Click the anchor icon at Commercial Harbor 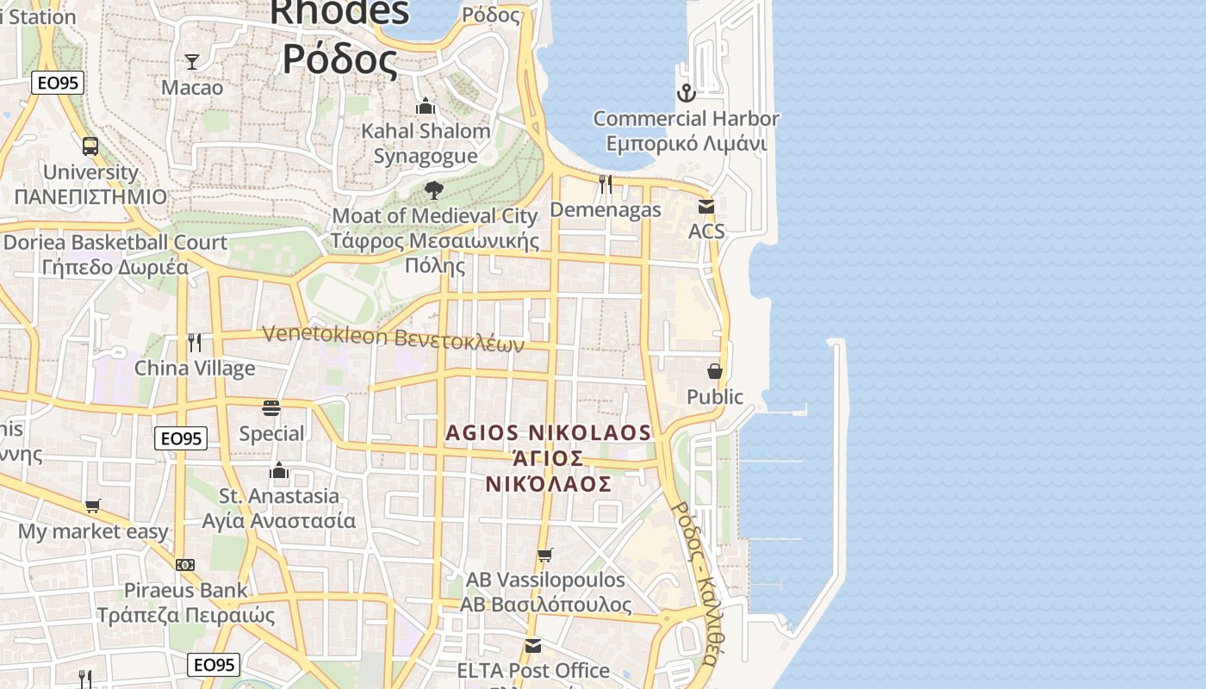point(686,92)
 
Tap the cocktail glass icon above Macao point(192,61)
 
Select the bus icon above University point(90,146)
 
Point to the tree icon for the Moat point(434,189)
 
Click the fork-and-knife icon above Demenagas point(606,183)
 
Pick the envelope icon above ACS point(706,206)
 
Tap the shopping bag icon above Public point(715,371)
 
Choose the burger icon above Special point(271,407)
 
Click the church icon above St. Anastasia point(278,470)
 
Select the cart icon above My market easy point(92,506)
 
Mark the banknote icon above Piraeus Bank point(185,565)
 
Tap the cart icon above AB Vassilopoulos point(544,555)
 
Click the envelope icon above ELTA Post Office point(533,645)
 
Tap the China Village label point(195,369)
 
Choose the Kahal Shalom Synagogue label point(426,143)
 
